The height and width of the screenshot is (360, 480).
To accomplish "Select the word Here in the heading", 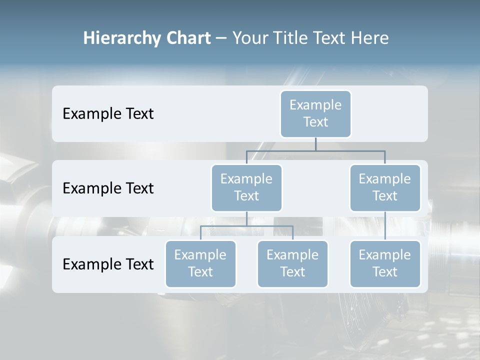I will pyautogui.click(x=369, y=38).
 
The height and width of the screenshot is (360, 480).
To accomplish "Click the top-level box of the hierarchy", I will pyautogui.click(x=315, y=114).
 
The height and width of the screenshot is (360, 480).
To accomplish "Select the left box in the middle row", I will pyautogui.click(x=246, y=188).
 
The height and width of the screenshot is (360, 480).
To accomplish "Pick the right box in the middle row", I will pyautogui.click(x=385, y=188).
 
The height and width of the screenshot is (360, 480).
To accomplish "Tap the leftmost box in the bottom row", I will pyautogui.click(x=200, y=264).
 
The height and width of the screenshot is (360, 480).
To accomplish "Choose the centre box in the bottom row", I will pyautogui.click(x=292, y=264).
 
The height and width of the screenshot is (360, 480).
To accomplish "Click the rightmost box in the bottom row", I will pyautogui.click(x=385, y=264).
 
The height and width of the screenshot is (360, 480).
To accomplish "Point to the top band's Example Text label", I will pyautogui.click(x=108, y=114).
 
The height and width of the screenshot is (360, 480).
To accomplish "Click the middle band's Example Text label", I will pyautogui.click(x=108, y=188).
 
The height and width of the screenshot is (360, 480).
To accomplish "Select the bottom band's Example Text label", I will pyautogui.click(x=108, y=264).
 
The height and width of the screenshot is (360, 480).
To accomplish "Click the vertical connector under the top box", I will pyautogui.click(x=315, y=144).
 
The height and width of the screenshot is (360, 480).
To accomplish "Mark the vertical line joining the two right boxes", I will pyautogui.click(x=385, y=226).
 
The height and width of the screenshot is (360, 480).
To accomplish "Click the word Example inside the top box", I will pyautogui.click(x=315, y=105).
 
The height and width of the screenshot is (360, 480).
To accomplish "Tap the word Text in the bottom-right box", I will pyautogui.click(x=385, y=272).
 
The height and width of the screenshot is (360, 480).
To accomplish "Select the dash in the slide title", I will pyautogui.click(x=221, y=38).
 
